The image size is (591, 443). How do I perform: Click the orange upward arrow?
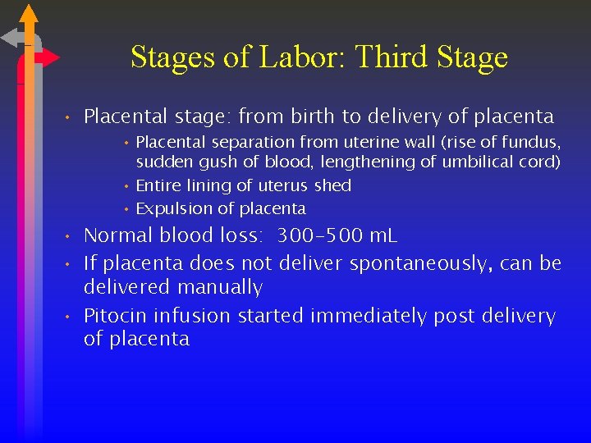29,21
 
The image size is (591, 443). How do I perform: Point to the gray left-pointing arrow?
14,38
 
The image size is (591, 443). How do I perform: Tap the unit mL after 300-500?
382,236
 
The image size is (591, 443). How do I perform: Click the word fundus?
531,143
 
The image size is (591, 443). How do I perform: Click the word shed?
332,185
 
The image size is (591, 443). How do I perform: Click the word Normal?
119,236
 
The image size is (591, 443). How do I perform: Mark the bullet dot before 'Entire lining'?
127,186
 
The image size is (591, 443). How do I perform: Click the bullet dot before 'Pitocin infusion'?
71,317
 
